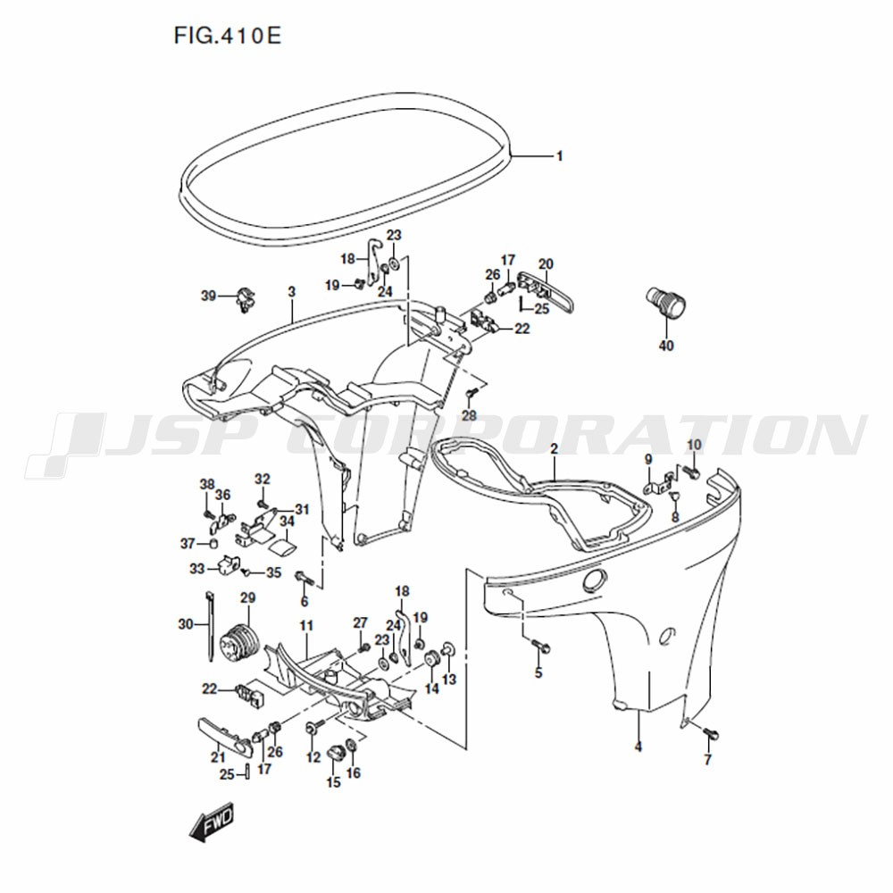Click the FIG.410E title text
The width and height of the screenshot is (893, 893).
pos(227,36)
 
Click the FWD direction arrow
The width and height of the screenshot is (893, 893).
pos(212,822)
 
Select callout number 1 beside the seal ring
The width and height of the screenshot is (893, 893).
pos(559,155)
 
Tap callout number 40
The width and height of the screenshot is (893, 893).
pos(666,345)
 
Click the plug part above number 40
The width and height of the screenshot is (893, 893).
pos(665,303)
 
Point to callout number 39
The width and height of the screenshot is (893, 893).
pos(208,296)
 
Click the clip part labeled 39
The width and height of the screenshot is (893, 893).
pos(246,300)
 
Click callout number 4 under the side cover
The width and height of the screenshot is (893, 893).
pos(638,746)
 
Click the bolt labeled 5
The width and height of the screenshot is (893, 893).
pos(540,646)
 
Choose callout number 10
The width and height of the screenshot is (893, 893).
pos(694,444)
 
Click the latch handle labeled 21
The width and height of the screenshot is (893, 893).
pos(225,737)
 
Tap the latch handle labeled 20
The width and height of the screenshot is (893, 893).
pos(545,291)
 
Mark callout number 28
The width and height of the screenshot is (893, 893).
pos(469,416)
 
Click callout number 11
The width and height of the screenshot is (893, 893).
pos(306,626)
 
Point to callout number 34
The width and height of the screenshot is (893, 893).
pos(287,520)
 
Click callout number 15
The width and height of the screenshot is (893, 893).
pos(333,782)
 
